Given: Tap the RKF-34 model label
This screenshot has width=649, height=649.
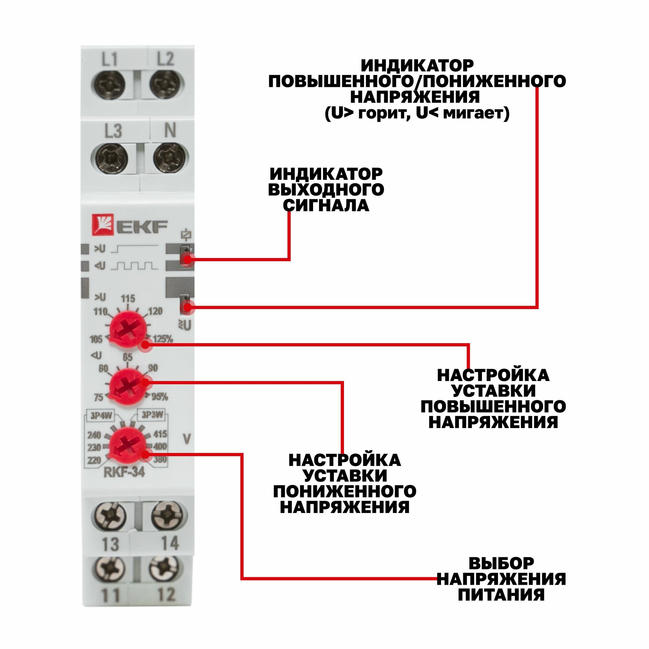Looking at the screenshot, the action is point(124,472).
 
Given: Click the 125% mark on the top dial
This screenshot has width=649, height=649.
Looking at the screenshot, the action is point(163,339).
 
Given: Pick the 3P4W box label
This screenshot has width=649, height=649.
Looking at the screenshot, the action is point(101,416).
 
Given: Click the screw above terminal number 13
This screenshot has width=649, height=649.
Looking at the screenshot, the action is point(109,516).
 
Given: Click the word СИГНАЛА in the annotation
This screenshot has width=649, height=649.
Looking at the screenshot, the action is point(326,205).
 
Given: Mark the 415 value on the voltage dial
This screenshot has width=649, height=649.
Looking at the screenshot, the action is point(160,434).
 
